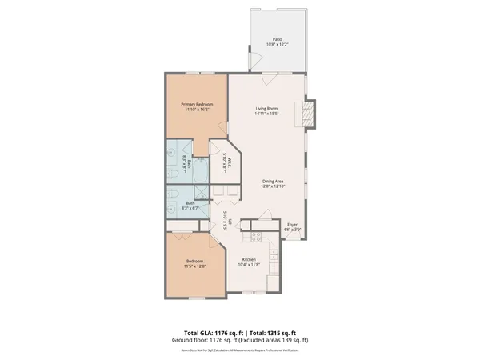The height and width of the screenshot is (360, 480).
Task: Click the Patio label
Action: [x=277, y=42]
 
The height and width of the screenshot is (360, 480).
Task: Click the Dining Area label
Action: [x=274, y=184]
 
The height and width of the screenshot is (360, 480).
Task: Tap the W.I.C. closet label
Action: [x=226, y=163]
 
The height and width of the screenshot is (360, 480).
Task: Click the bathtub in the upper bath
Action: [x=200, y=170]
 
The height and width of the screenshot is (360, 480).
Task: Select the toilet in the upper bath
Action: [x=173, y=173]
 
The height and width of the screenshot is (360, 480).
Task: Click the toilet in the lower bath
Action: [x=173, y=194]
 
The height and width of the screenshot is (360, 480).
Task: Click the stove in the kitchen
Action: [x=255, y=236]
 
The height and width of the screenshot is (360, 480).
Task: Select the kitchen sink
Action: [x=273, y=256]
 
